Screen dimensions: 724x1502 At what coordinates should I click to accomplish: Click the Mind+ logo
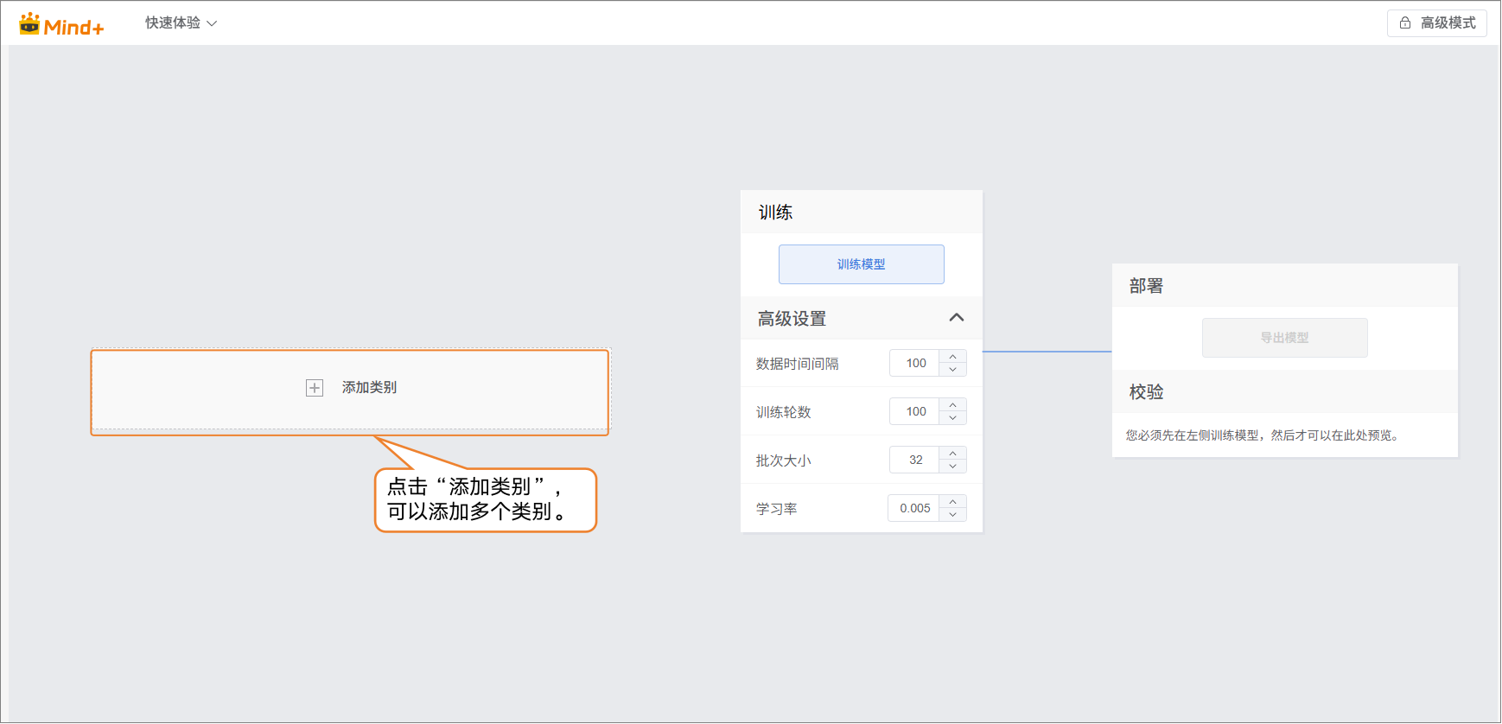pyautogui.click(x=61, y=25)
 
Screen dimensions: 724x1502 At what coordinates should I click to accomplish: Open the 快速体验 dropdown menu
pyautogui.click(x=181, y=23)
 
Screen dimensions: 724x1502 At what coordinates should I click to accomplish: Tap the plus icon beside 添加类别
pyautogui.click(x=315, y=388)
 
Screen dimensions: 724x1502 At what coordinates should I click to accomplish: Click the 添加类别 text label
pyautogui.click(x=369, y=388)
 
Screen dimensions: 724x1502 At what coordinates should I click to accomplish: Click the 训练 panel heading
pyautogui.click(x=775, y=213)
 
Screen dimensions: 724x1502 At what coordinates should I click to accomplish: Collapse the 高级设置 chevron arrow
pyautogui.click(x=956, y=318)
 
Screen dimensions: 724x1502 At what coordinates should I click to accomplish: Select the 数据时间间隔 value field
pyautogui.click(x=915, y=364)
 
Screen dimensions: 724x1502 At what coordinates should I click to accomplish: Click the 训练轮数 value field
pyautogui.click(x=915, y=412)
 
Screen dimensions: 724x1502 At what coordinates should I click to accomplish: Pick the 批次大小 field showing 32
pyautogui.click(x=915, y=460)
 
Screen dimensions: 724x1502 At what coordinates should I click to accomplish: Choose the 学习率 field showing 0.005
pyautogui.click(x=914, y=509)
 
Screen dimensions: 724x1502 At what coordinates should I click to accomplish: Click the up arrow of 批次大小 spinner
pyautogui.click(x=953, y=454)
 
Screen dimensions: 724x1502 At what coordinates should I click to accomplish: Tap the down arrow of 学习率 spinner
pyautogui.click(x=953, y=515)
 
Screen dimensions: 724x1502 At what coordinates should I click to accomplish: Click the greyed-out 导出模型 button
pyautogui.click(x=1284, y=338)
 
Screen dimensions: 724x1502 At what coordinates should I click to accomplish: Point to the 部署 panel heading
pyautogui.click(x=1146, y=286)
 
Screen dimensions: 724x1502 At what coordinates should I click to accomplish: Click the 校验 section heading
pyautogui.click(x=1146, y=392)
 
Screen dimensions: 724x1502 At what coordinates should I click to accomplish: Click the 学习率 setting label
pyautogui.click(x=777, y=509)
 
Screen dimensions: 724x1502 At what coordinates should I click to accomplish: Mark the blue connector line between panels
pyautogui.click(x=1047, y=352)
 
